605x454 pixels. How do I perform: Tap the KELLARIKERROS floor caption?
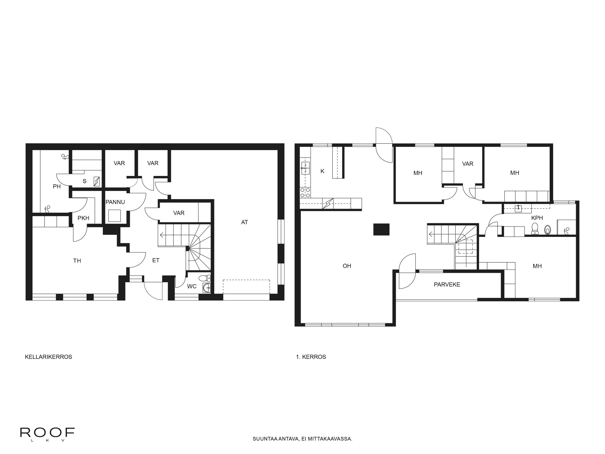click(48, 357)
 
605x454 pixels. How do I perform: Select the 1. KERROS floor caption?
click(311, 357)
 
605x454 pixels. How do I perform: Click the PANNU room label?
click(115, 202)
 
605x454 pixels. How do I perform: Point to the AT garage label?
click(245, 222)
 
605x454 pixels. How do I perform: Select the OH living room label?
click(347, 266)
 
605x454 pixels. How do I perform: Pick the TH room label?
click(77, 261)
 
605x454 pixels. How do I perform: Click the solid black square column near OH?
click(381, 229)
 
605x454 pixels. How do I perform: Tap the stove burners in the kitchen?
click(305, 193)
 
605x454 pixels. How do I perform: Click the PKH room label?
click(83, 218)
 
